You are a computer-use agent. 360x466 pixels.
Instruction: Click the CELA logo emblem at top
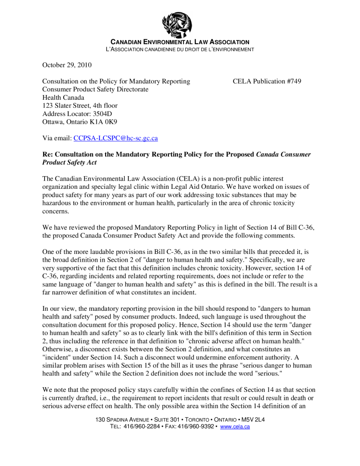coord(177,24)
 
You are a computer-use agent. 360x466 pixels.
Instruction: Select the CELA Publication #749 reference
coord(267,81)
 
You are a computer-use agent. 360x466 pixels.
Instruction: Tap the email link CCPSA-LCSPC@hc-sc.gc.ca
coord(116,138)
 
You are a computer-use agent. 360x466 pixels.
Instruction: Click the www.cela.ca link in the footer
coord(235,427)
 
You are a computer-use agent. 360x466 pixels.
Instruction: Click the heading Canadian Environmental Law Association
coord(180,42)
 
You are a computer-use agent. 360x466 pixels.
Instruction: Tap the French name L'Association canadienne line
coord(180,49)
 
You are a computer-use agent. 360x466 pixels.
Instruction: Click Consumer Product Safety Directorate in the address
coord(96,90)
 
